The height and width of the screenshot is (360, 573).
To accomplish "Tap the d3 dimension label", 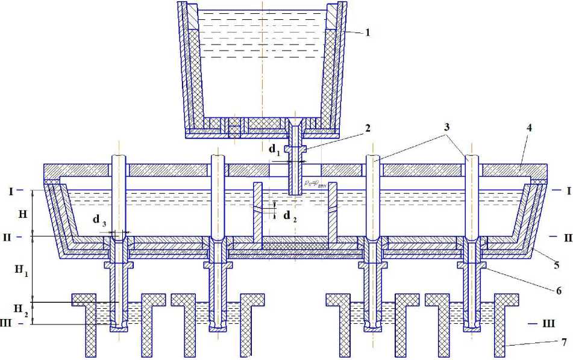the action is pos(98,220).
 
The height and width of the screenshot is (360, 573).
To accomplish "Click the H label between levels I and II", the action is pos(22,214).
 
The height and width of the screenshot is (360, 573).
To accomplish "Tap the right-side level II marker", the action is pos(567,238).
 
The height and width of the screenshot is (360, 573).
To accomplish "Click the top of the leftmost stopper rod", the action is pos(119,158).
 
